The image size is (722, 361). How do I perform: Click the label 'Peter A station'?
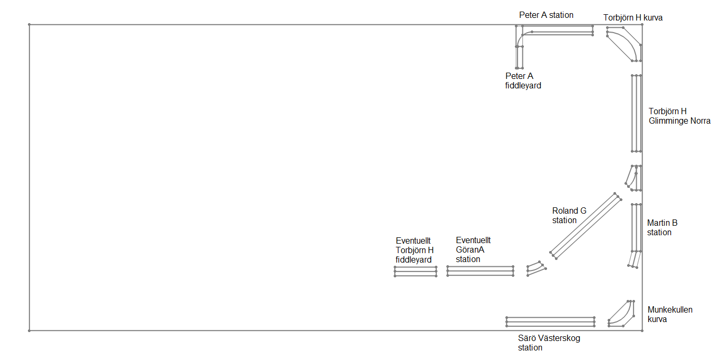546,15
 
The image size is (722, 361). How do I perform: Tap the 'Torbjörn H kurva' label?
633,18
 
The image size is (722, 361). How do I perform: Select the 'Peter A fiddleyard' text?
523,81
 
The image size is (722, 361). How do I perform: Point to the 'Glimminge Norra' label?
679,121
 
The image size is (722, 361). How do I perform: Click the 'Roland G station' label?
569,216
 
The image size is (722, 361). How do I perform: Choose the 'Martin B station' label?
662,227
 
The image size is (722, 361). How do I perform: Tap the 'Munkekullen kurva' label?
670,314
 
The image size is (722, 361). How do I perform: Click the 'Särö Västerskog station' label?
549,343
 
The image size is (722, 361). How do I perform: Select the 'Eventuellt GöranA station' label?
473,249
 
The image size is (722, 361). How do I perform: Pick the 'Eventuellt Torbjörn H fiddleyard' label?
415,250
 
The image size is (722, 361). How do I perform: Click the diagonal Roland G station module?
586,226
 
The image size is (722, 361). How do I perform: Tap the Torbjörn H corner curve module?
625,44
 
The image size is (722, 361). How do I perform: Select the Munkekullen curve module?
621,314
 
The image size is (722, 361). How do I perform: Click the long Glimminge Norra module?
636,113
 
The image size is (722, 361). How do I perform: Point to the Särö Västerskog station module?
550,322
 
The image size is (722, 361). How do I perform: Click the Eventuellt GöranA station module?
480,271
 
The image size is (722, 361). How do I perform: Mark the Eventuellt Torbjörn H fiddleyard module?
415,271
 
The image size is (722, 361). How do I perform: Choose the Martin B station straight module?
636,228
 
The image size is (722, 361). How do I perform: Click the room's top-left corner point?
30,24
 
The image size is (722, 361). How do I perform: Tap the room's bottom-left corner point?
30,330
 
